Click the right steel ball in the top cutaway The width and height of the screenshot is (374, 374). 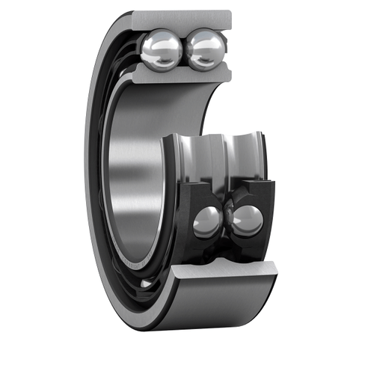click(x=205, y=49)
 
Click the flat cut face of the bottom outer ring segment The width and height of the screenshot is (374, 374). click(x=224, y=275)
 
